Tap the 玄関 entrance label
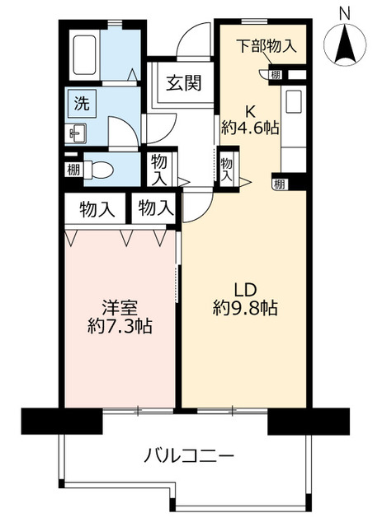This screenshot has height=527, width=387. (x=184, y=83)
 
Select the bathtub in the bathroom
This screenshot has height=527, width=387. (x=85, y=54)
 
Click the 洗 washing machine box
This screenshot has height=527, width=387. (x=83, y=103)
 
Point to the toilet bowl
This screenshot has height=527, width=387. (x=97, y=170)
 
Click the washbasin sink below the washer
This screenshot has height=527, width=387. (x=78, y=133)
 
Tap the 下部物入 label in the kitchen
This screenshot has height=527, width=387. (x=267, y=46)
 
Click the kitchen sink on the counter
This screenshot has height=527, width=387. (x=294, y=102)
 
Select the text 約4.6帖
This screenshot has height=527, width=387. (x=250, y=128)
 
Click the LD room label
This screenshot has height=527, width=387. (x=246, y=289)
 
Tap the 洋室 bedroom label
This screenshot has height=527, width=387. (x=120, y=307)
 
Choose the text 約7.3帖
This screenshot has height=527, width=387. (x=120, y=326)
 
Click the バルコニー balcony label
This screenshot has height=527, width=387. (x=189, y=456)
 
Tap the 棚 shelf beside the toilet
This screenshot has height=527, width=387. (x=73, y=170)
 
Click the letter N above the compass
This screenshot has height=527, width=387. (x=344, y=15)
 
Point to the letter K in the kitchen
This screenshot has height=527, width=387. (x=249, y=110)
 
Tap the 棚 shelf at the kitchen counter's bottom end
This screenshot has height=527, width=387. (x=280, y=184)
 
